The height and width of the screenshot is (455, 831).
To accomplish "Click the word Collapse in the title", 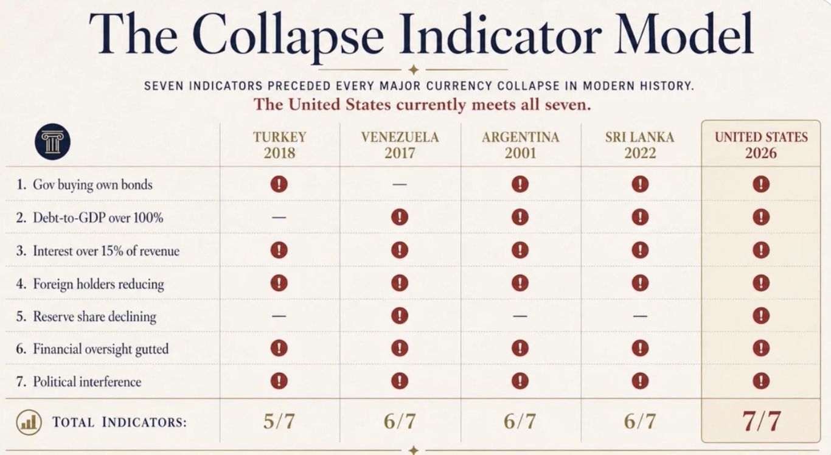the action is click(x=288, y=35).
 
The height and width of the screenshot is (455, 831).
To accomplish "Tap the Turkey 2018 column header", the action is click(x=280, y=145).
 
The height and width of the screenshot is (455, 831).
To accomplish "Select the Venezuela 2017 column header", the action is click(x=400, y=145).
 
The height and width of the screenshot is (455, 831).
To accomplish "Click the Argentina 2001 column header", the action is click(x=521, y=145).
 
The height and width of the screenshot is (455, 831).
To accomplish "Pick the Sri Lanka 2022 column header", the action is click(x=640, y=145).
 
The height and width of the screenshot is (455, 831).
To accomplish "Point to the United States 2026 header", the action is click(x=761, y=145).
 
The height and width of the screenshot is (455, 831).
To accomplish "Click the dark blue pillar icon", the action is click(x=53, y=142).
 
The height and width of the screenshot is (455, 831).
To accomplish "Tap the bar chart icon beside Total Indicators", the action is click(x=29, y=422).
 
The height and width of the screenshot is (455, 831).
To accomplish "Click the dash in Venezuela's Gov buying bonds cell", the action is click(x=400, y=184).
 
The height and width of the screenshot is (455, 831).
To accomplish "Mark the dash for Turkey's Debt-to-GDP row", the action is click(x=279, y=217).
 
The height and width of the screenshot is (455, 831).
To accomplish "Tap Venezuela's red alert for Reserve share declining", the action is click(x=400, y=316).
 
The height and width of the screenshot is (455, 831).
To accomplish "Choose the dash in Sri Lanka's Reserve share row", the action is click(x=641, y=316).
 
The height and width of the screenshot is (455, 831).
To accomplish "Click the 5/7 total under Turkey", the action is click(x=279, y=422).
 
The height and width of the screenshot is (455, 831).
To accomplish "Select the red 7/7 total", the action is click(x=761, y=422).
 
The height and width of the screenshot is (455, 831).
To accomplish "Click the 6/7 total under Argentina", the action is click(x=520, y=422).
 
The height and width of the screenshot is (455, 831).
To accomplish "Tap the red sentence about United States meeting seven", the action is click(x=422, y=104).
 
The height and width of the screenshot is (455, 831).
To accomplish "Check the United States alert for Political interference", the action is click(x=761, y=381).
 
